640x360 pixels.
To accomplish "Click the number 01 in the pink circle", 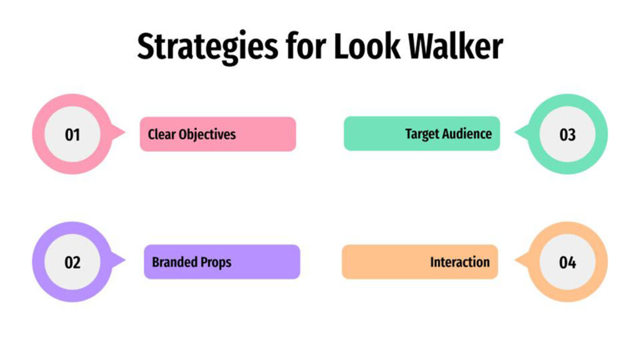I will (x=72, y=134).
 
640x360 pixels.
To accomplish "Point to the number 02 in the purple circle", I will (x=72, y=262).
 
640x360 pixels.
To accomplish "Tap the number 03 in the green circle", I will (x=567, y=134).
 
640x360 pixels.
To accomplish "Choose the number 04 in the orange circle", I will (x=567, y=262).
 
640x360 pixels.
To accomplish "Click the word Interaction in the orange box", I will (x=459, y=262).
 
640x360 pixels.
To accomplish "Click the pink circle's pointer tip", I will (x=124, y=133).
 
